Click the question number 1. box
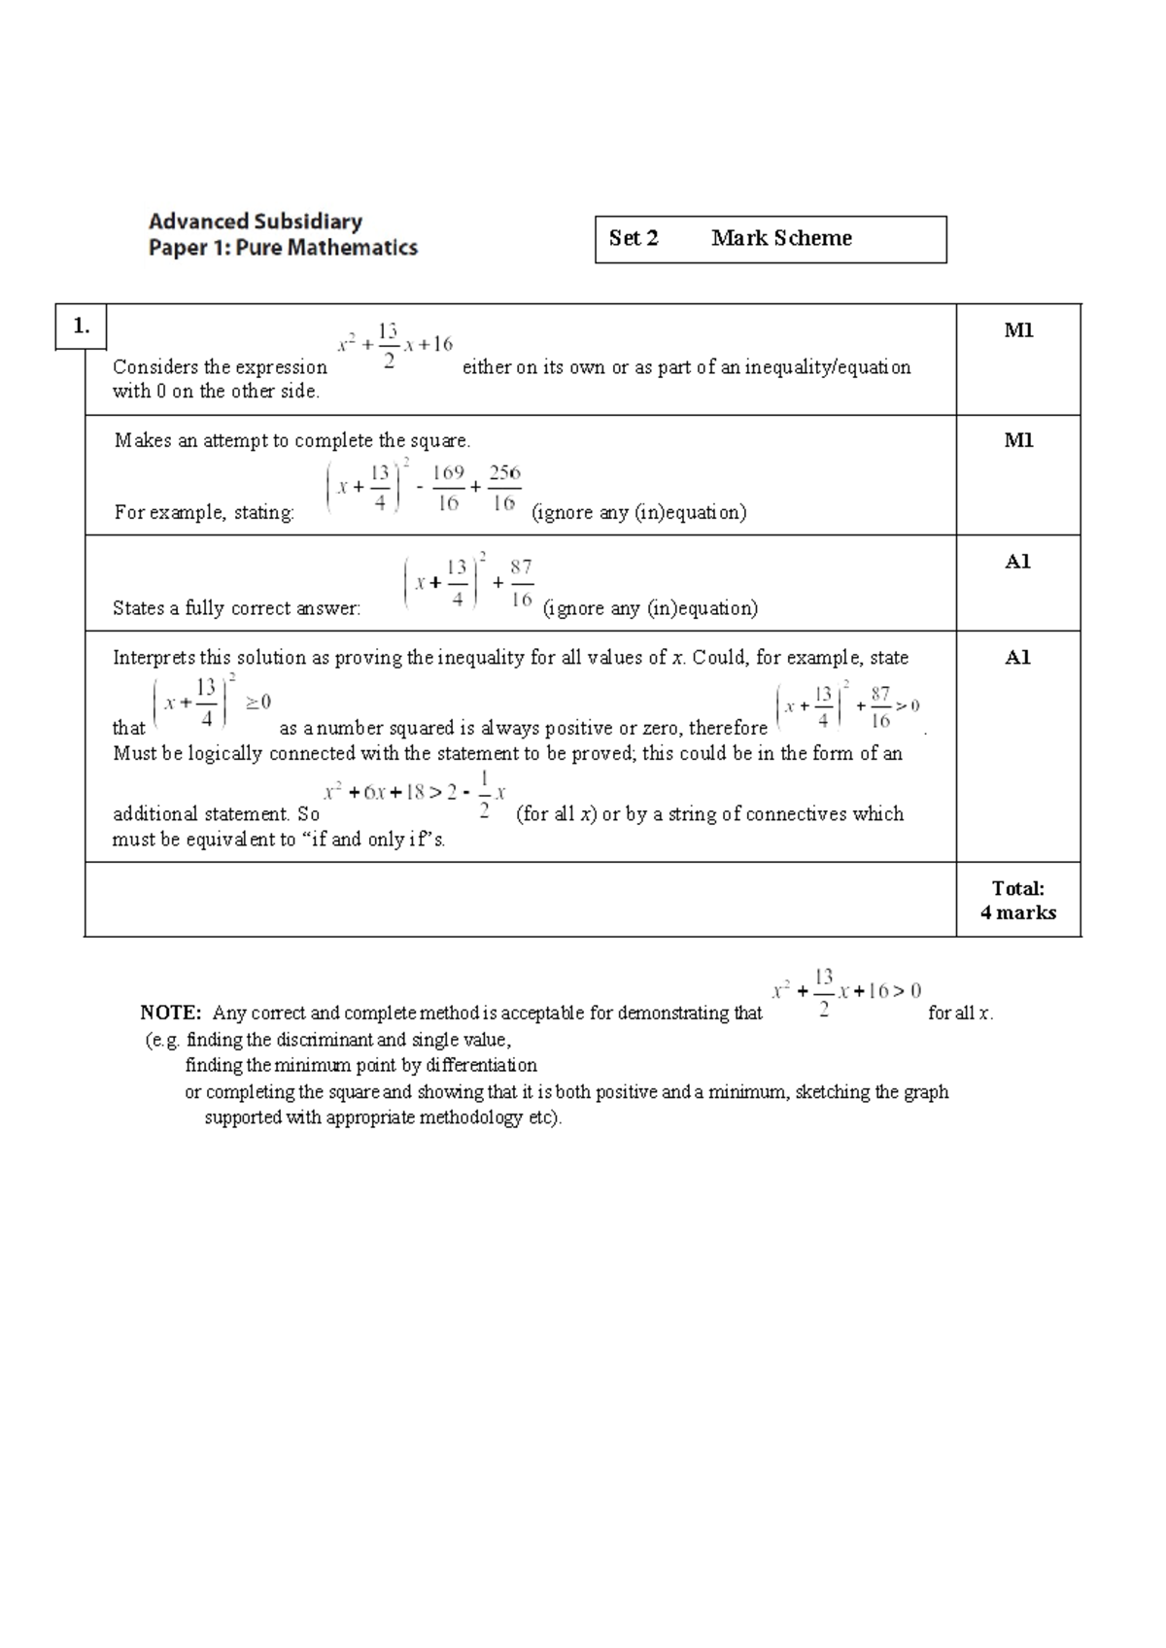(81, 326)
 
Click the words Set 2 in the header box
(634, 238)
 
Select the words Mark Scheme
(781, 238)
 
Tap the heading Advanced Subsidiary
(256, 222)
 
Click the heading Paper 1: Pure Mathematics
(283, 248)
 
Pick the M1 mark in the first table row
(1018, 330)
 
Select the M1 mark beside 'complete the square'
(1018, 440)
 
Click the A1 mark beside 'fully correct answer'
(1018, 562)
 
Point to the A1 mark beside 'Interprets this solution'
(1018, 658)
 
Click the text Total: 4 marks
(1018, 900)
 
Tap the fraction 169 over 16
(448, 488)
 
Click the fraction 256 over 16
(504, 488)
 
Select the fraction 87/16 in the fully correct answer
(521, 582)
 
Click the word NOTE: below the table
(171, 1013)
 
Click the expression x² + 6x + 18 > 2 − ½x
(415, 793)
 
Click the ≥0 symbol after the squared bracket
(258, 703)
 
